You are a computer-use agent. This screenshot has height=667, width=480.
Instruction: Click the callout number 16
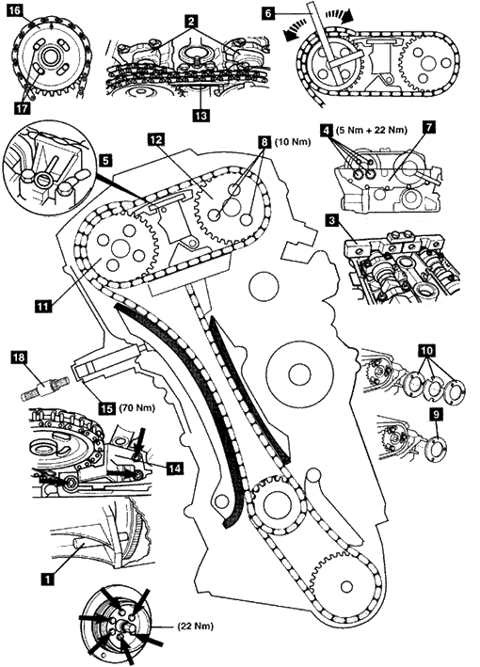(x=15, y=9)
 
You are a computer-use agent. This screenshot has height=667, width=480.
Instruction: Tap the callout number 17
(x=23, y=108)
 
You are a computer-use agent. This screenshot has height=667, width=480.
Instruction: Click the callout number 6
(x=268, y=13)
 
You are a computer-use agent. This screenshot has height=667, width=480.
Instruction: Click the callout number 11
(x=43, y=306)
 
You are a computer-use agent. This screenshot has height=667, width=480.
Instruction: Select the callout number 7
(x=428, y=128)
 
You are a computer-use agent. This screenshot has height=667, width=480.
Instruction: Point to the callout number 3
(x=331, y=221)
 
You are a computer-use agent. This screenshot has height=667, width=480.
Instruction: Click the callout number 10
(x=427, y=350)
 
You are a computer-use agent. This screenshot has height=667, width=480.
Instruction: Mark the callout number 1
(x=47, y=579)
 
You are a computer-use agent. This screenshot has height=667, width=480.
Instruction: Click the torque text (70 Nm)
(x=136, y=408)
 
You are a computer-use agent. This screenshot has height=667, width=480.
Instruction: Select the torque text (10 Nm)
(x=293, y=142)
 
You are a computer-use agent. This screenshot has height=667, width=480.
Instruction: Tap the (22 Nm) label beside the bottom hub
(x=196, y=627)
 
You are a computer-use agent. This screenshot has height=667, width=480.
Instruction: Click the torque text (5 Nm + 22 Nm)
(x=371, y=130)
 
